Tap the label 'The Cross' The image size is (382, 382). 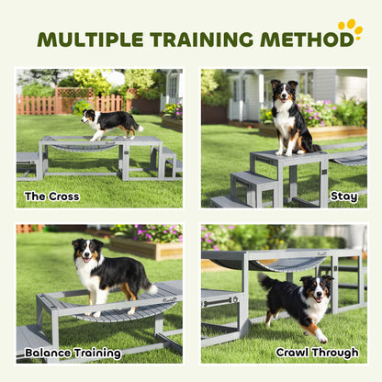51,196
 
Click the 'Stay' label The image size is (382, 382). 343,196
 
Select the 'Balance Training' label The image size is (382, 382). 73,353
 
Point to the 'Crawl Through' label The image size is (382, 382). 317,353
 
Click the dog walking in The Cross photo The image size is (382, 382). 109,122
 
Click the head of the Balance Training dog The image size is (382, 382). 87,251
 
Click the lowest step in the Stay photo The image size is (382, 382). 229,201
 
